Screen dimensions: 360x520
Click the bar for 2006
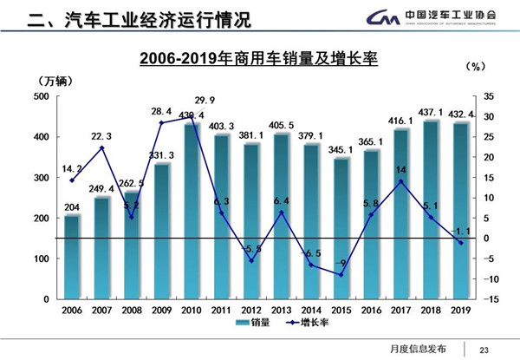(71, 256)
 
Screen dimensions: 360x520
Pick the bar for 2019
(462, 208)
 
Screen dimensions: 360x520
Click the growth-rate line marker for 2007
(101, 147)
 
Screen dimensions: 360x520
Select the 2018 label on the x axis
(432, 308)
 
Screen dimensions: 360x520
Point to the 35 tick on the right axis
(488, 96)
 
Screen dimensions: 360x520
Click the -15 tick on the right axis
(488, 299)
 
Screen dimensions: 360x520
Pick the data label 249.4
(102, 189)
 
